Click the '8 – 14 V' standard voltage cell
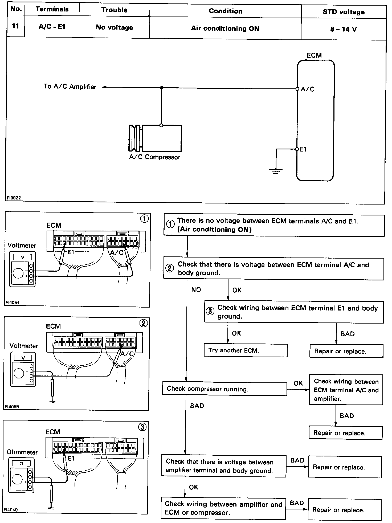click(343, 29)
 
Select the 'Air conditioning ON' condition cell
click(225, 28)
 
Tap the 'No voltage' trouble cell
click(114, 27)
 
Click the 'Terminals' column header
click(52, 9)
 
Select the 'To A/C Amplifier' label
click(70, 87)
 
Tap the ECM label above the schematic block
click(314, 55)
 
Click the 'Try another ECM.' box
click(246, 350)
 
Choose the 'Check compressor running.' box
click(224, 389)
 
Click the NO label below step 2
click(196, 290)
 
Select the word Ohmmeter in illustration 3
click(22, 452)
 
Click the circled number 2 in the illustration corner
click(143, 323)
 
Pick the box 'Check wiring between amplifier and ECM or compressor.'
click(223, 508)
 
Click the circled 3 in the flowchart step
click(210, 311)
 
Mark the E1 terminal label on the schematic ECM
click(303, 149)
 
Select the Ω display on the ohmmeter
click(22, 464)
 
